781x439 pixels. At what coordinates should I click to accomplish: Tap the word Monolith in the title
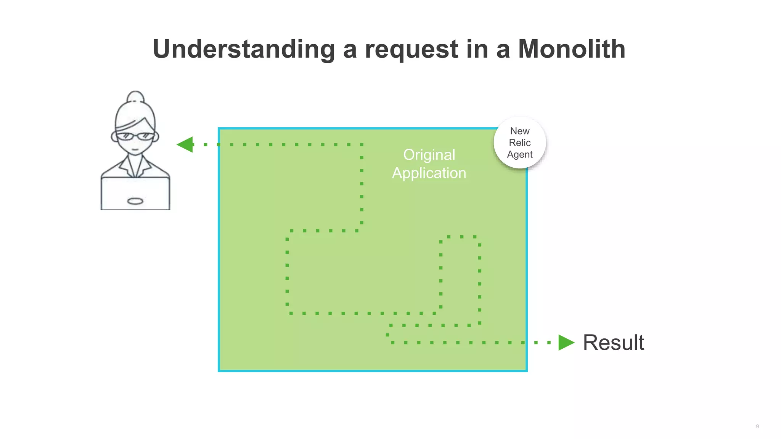pyautogui.click(x=571, y=50)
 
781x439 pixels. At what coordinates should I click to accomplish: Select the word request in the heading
pyautogui.click(x=411, y=50)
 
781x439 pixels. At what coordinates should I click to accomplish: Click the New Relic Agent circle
pyautogui.click(x=519, y=143)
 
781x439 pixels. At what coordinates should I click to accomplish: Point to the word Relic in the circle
pyautogui.click(x=519, y=143)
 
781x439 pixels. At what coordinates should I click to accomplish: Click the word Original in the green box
pyautogui.click(x=429, y=155)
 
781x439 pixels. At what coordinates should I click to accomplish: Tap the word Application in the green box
pyautogui.click(x=429, y=173)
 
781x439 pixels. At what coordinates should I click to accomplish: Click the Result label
pyautogui.click(x=613, y=342)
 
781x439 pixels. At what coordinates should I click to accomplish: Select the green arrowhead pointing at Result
pyautogui.click(x=566, y=342)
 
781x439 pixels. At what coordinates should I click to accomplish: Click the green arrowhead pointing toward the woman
pyautogui.click(x=185, y=144)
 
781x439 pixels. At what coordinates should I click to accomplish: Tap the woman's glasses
pyautogui.click(x=135, y=136)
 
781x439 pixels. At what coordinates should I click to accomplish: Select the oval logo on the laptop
pyautogui.click(x=135, y=201)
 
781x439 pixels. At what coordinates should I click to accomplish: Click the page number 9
pyautogui.click(x=757, y=426)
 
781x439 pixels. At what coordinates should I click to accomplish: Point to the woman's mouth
pyautogui.click(x=135, y=149)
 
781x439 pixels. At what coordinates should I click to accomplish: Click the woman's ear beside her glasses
pyautogui.click(x=114, y=136)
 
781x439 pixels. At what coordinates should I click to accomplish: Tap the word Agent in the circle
pyautogui.click(x=519, y=154)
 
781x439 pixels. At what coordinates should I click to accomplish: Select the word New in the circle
pyautogui.click(x=520, y=131)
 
